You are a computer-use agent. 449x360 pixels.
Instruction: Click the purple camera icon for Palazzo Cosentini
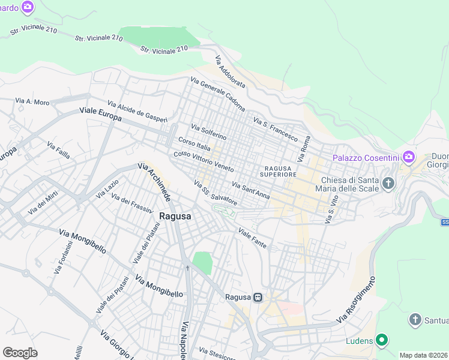[409, 158]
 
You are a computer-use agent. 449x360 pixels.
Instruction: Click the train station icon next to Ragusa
[258, 297]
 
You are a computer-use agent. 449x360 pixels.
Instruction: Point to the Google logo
[20, 353]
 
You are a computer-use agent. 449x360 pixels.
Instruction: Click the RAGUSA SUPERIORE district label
[279, 171]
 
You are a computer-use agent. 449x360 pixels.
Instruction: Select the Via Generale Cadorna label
[218, 94]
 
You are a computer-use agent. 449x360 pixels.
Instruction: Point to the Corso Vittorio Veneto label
[203, 160]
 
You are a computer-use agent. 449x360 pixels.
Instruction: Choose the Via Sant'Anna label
[250, 190]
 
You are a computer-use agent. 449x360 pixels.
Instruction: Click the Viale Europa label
[101, 114]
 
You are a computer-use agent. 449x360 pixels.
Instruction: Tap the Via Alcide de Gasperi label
[137, 112]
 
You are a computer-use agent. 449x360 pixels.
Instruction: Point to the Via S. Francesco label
[276, 129]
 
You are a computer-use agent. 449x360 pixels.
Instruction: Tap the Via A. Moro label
[32, 102]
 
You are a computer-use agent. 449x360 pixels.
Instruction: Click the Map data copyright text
[423, 355]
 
